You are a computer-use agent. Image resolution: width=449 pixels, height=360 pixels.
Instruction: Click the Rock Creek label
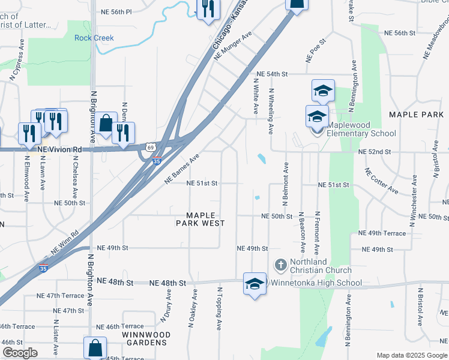(x=94, y=38)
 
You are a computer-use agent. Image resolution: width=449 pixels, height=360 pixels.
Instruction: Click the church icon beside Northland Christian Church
(x=280, y=263)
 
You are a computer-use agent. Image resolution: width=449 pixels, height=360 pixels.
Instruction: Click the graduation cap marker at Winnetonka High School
(x=254, y=284)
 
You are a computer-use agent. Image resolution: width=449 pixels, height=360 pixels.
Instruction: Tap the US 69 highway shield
(x=149, y=146)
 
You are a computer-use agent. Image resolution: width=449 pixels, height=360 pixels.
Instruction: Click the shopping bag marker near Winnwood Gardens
(x=95, y=347)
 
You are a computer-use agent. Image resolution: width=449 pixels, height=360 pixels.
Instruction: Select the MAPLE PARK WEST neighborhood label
(x=200, y=219)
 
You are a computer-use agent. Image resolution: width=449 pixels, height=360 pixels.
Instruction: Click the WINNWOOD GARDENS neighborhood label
(x=146, y=338)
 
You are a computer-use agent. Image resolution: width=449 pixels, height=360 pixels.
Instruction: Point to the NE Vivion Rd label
(x=59, y=149)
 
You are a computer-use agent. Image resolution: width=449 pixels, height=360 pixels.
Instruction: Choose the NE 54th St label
(x=272, y=74)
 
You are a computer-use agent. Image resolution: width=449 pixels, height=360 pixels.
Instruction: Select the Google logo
(x=20, y=353)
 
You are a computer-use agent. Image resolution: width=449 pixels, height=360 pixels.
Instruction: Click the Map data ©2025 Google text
(x=411, y=355)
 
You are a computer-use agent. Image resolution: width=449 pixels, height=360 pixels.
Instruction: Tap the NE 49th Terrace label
(x=382, y=233)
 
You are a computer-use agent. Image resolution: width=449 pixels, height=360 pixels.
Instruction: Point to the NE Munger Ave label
(x=232, y=47)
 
